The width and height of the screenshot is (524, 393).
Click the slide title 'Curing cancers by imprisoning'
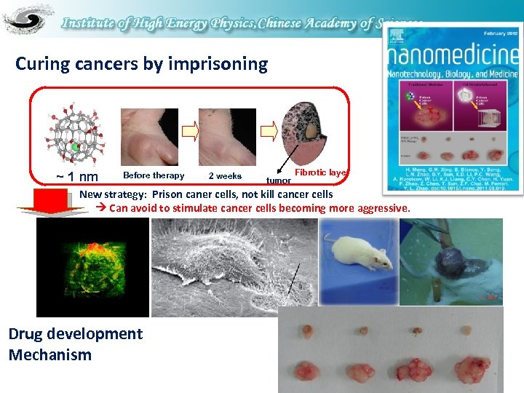click(x=141, y=64)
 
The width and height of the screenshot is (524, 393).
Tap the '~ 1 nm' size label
click(x=77, y=177)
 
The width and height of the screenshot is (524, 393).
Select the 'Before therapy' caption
click(x=154, y=175)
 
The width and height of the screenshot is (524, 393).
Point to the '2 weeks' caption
click(x=225, y=176)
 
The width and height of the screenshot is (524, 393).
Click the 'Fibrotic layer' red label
click(x=319, y=172)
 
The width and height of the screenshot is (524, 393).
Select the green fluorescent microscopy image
click(x=92, y=267)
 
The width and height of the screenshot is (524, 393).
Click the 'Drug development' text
click(x=75, y=334)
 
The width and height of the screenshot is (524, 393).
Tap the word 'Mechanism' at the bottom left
click(x=50, y=355)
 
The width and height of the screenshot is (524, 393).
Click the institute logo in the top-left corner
click(x=28, y=20)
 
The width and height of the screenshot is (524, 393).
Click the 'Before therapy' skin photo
click(x=148, y=135)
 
